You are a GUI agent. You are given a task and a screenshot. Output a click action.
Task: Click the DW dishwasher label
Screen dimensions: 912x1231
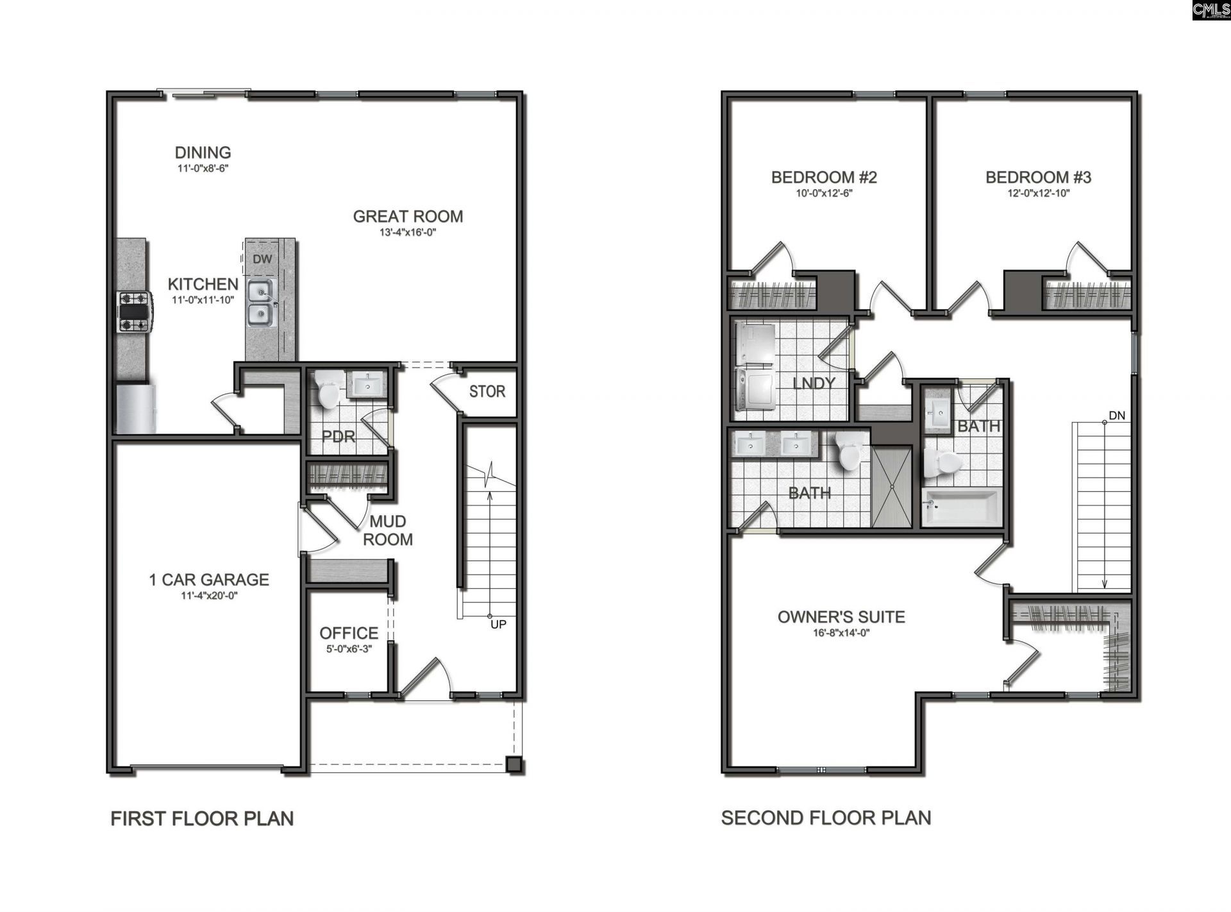click(x=262, y=259)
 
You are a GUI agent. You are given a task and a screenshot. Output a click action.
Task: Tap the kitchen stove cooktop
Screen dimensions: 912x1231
click(x=134, y=312)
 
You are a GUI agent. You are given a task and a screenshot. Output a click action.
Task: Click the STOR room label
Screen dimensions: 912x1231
click(x=487, y=391)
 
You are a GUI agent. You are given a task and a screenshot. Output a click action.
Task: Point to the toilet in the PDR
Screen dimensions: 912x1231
click(x=328, y=389)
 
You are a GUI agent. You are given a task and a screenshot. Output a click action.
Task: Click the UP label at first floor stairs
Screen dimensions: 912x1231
click(x=498, y=624)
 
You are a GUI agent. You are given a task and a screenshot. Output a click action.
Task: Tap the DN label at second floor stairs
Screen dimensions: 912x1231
click(x=1116, y=416)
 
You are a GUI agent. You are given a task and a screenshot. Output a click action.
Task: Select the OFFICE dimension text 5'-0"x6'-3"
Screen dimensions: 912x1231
click(x=349, y=649)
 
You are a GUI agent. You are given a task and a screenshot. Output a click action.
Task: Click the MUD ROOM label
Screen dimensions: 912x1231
click(x=387, y=530)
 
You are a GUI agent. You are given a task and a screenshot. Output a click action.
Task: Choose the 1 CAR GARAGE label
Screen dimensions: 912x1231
click(x=209, y=580)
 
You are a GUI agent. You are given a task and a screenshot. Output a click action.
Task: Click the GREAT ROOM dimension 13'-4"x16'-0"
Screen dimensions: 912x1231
click(x=408, y=232)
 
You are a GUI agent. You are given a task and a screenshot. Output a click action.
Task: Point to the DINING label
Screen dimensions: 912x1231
click(x=203, y=153)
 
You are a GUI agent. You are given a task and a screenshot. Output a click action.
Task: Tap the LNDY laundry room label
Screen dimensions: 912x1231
click(x=814, y=383)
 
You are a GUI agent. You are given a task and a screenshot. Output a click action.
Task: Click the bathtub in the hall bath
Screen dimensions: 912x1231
click(x=961, y=507)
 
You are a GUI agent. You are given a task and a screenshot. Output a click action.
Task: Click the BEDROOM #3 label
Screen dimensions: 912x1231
click(x=1038, y=177)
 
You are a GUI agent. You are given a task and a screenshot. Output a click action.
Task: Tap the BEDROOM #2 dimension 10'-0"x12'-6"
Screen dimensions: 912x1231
click(x=824, y=193)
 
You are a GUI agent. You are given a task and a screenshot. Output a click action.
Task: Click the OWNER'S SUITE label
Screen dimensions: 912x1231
click(x=841, y=617)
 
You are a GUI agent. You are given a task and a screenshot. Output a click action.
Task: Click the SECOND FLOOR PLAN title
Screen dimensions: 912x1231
click(x=826, y=818)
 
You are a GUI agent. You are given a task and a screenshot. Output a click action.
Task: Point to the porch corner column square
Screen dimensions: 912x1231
click(x=514, y=764)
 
